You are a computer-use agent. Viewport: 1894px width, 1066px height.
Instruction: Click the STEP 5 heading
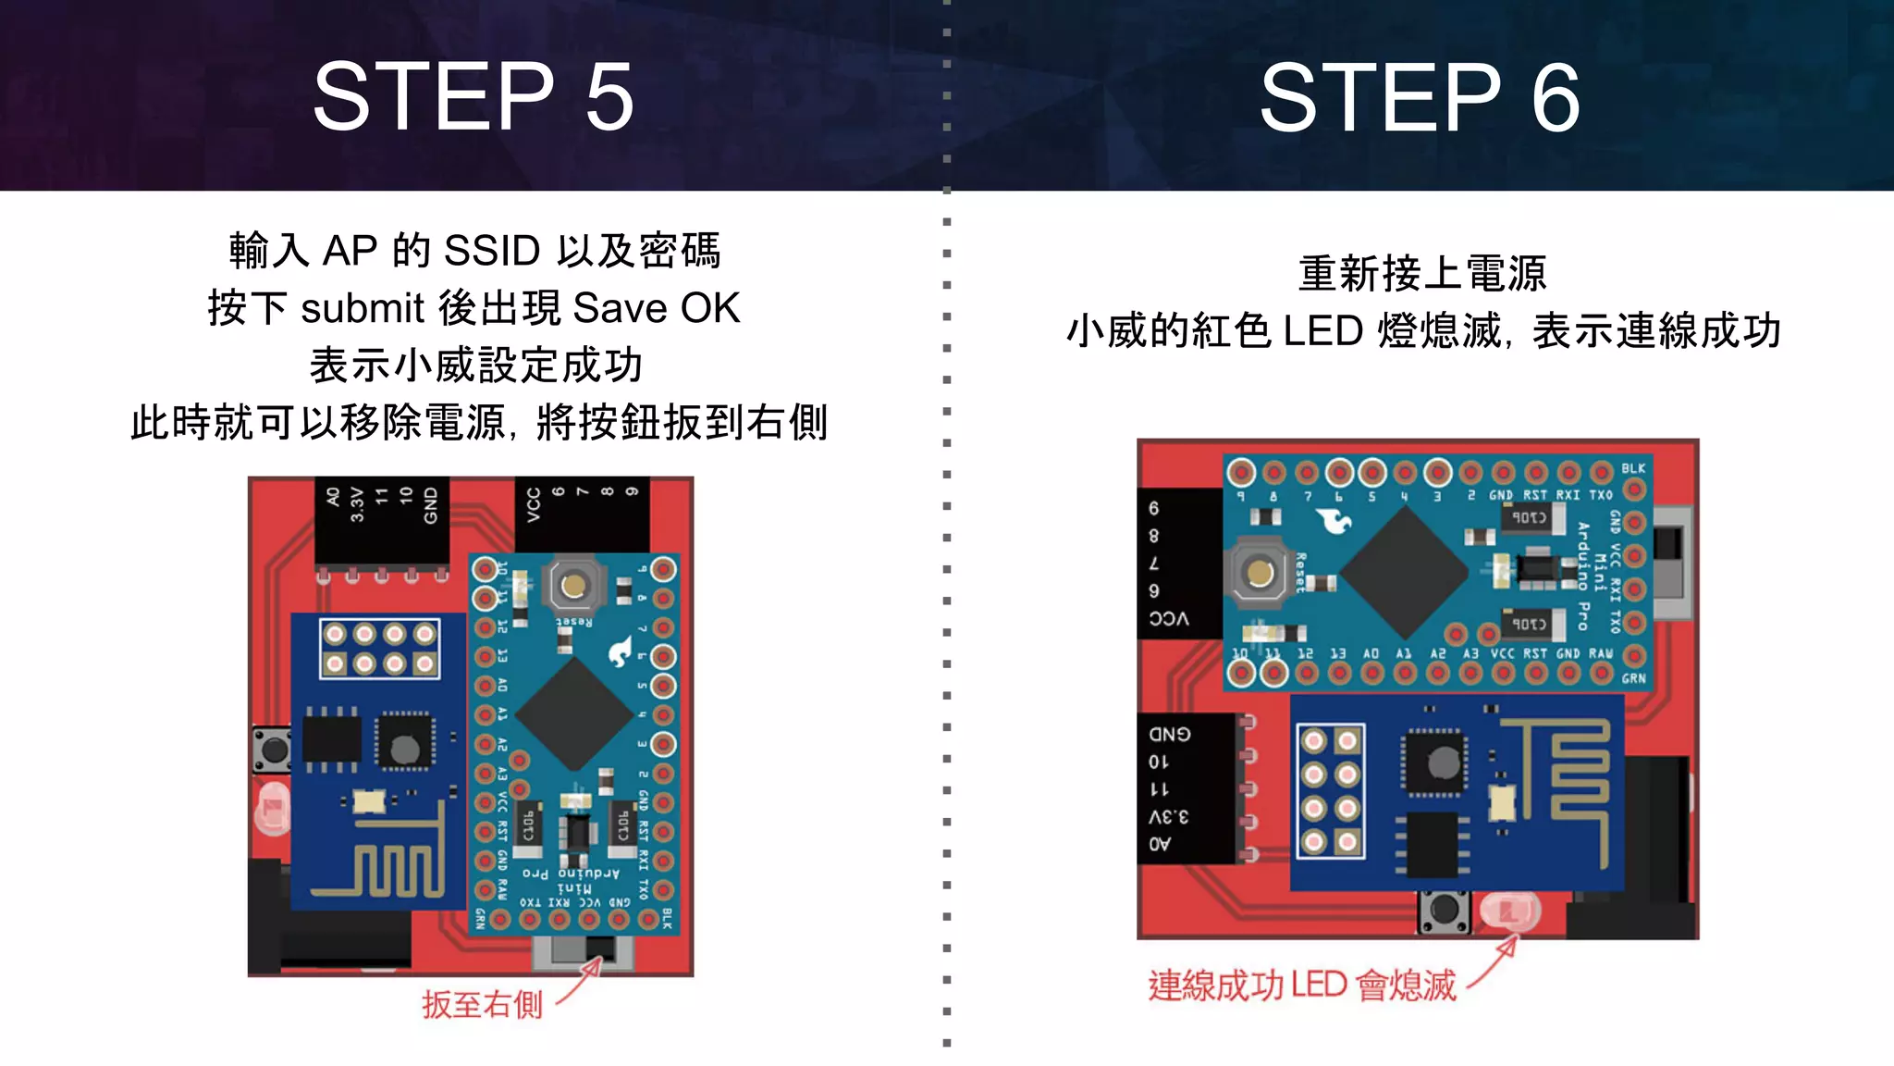(x=473, y=96)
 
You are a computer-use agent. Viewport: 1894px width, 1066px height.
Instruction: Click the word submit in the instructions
(x=362, y=308)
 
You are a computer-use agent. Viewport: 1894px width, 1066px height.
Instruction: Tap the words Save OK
(x=656, y=308)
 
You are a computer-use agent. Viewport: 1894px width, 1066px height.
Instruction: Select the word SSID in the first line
(x=492, y=251)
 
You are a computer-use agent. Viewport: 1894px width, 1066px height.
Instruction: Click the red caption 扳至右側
(x=482, y=1004)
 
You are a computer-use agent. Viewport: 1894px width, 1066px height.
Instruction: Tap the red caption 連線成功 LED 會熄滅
(x=1302, y=985)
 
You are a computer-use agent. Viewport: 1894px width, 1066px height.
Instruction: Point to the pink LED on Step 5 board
(x=273, y=810)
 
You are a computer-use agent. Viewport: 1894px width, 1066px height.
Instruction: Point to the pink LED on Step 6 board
(x=1509, y=911)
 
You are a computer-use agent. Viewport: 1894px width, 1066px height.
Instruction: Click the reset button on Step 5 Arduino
(x=573, y=585)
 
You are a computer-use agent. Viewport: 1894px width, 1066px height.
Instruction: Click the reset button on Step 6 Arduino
(x=1260, y=573)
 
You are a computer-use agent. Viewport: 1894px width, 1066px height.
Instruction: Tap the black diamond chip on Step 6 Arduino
(x=1404, y=573)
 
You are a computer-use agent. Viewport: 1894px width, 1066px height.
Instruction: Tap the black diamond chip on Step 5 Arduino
(x=574, y=713)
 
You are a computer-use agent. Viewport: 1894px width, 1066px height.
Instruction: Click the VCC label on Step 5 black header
(x=534, y=506)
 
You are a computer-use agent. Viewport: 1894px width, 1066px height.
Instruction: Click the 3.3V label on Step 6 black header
(x=1168, y=816)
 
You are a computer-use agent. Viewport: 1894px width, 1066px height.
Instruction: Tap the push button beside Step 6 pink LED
(x=1443, y=911)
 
